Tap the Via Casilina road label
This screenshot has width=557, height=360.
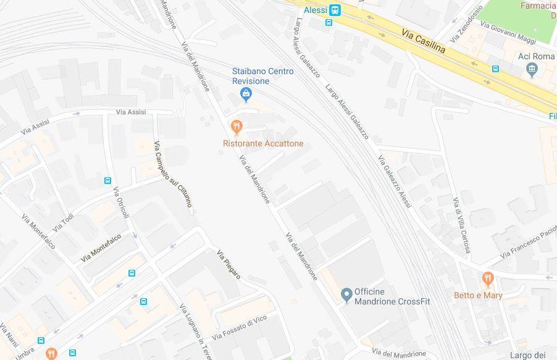click(x=424, y=41)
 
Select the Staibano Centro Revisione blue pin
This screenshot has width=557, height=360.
click(x=246, y=94)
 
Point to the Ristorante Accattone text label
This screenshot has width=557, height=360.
click(x=263, y=144)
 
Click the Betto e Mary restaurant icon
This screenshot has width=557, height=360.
click(x=488, y=279)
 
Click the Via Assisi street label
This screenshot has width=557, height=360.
click(x=131, y=112)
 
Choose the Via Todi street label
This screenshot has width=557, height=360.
click(x=63, y=222)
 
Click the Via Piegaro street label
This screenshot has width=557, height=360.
click(x=228, y=264)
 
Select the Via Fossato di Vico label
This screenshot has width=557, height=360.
click(x=239, y=327)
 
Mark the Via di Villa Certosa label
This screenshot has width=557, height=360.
click(x=461, y=225)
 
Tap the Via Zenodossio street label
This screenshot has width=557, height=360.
click(x=466, y=24)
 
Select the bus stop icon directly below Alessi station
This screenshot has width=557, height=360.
click(x=329, y=23)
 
